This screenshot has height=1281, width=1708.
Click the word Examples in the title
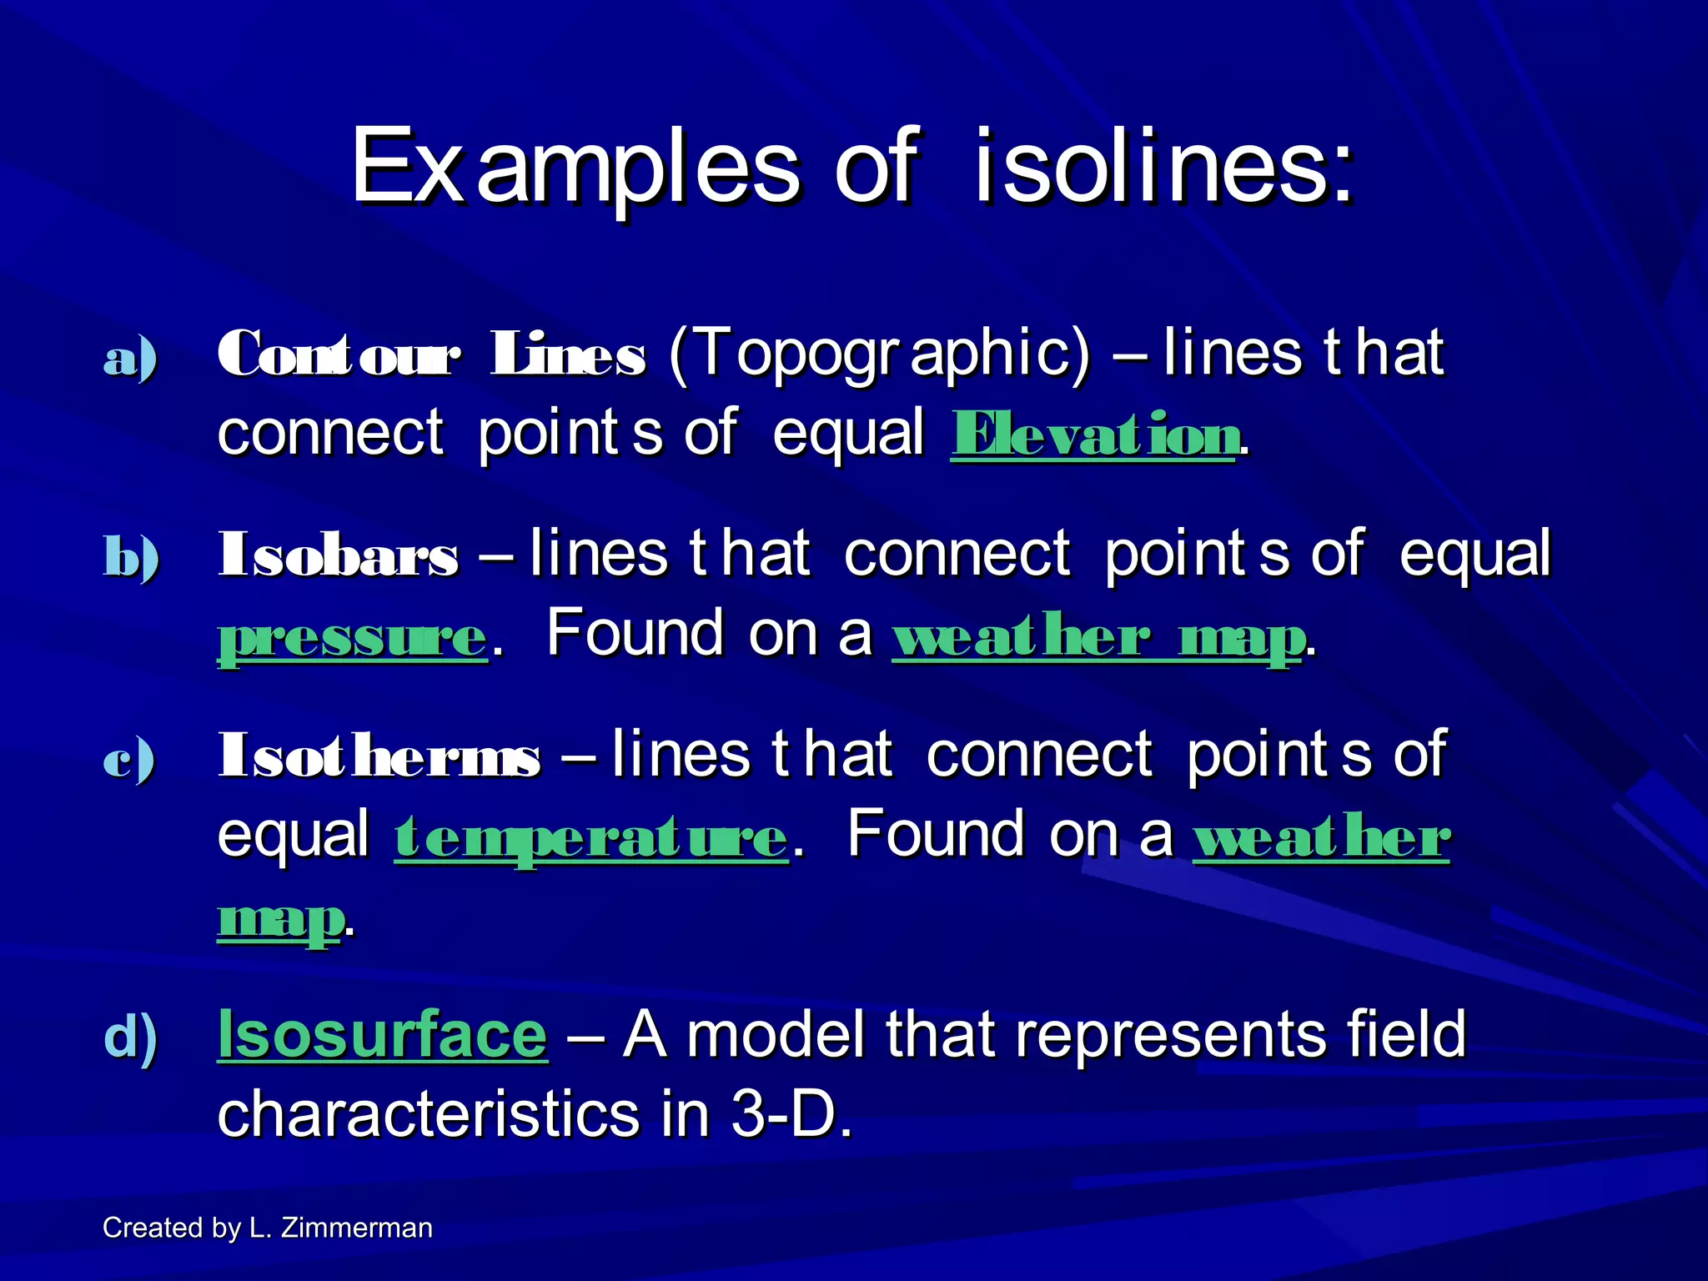tap(575, 167)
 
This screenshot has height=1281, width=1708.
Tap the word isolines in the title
tap(1163, 167)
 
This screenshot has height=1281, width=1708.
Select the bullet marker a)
tap(130, 359)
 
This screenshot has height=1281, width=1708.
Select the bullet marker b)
tap(131, 557)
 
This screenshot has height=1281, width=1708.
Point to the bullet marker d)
tap(131, 1037)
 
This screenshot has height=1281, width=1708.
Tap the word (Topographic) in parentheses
tap(879, 354)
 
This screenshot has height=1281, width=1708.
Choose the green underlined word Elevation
tap(1094, 436)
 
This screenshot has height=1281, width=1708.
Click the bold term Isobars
tap(338, 555)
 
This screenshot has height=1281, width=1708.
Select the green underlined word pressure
tap(352, 638)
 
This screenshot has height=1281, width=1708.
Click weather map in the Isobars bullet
tap(1098, 638)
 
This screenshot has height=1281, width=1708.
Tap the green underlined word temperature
tap(590, 838)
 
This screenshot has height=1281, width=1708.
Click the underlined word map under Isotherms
tap(279, 919)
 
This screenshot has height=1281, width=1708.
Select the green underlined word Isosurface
tap(382, 1034)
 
